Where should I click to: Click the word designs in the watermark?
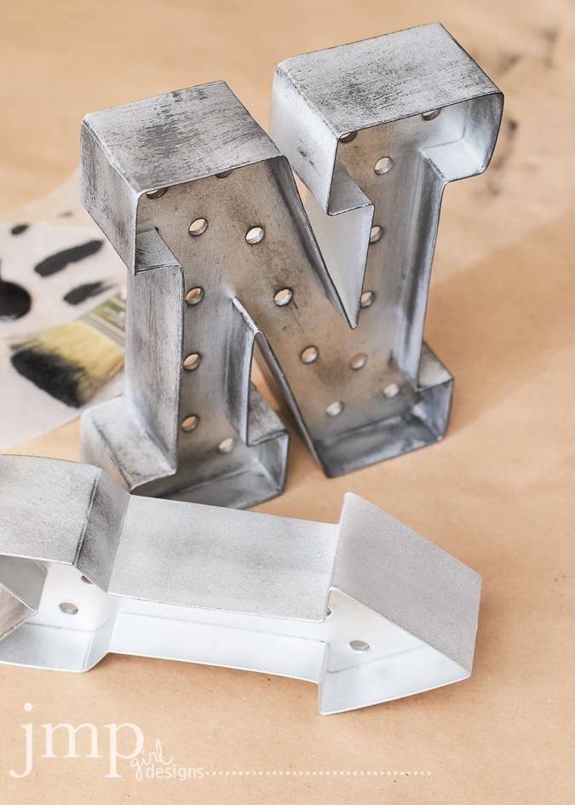pos(175,773)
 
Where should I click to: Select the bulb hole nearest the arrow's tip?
pos(359,645)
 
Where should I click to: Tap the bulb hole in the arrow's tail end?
pos(68,607)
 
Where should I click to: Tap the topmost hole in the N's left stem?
pos(198,226)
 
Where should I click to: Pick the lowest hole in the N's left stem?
pos(189,423)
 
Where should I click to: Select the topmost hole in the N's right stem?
pos(383,165)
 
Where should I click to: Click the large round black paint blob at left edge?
pos(13,299)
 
